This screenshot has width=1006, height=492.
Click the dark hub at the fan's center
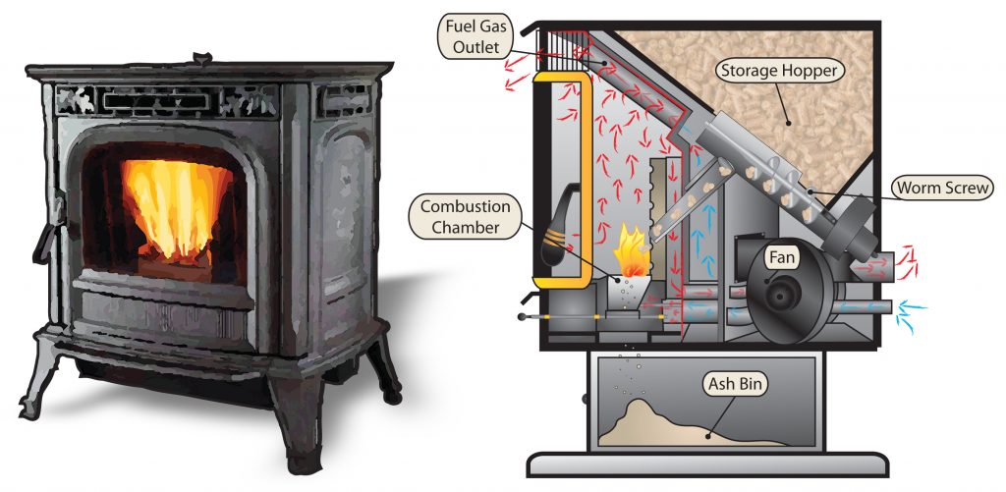[x=783, y=294]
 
